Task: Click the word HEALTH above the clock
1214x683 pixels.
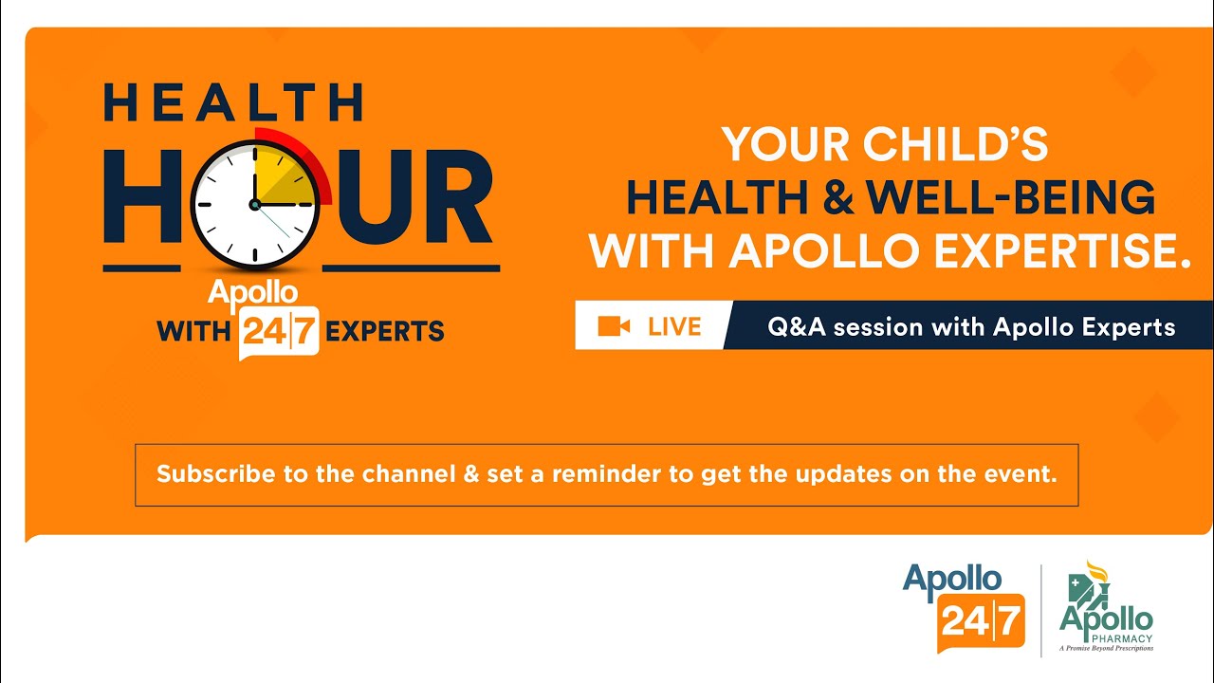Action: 232,102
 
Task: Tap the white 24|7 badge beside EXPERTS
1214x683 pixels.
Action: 279,332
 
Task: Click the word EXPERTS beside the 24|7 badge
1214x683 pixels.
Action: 385,332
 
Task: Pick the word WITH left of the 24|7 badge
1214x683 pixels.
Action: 193,332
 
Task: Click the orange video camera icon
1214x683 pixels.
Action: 614,326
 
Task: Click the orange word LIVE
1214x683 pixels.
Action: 674,327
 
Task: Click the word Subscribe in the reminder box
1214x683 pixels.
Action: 215,474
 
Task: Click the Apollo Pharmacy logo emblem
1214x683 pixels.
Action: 1092,585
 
